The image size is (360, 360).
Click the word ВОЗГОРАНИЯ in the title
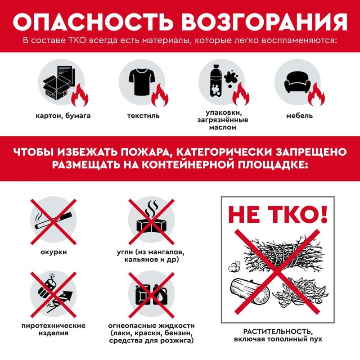click(265, 22)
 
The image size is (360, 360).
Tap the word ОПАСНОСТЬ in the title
click(92, 22)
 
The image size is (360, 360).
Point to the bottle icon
click(216, 81)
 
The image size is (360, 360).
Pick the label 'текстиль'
click(144, 116)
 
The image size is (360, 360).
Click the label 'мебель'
click(299, 116)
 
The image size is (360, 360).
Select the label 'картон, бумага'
click(63, 116)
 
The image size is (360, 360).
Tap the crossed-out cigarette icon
click(54, 221)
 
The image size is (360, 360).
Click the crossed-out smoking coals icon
click(151, 221)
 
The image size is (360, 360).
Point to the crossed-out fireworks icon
click(54, 295)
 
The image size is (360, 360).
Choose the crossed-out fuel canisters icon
click(151, 295)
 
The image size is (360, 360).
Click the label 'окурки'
click(54, 252)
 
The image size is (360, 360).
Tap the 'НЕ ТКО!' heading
click(278, 214)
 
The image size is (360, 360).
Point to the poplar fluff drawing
click(234, 267)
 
